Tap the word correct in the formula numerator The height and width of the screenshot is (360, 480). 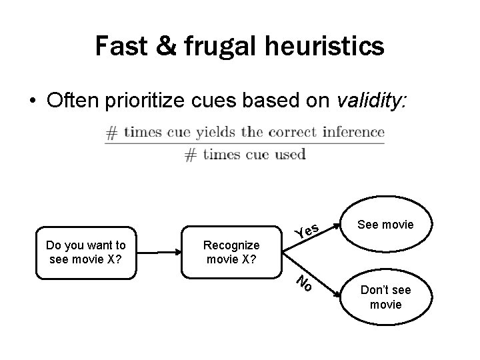coord(293,131)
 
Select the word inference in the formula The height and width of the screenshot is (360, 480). coord(353,131)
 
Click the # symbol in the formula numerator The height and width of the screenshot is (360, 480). coord(112,132)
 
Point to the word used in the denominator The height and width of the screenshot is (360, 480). coord(289,155)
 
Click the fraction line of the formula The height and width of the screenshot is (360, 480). coord(244,143)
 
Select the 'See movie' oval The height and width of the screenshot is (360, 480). coord(385,225)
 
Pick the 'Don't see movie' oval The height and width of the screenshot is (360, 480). coord(385,297)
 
